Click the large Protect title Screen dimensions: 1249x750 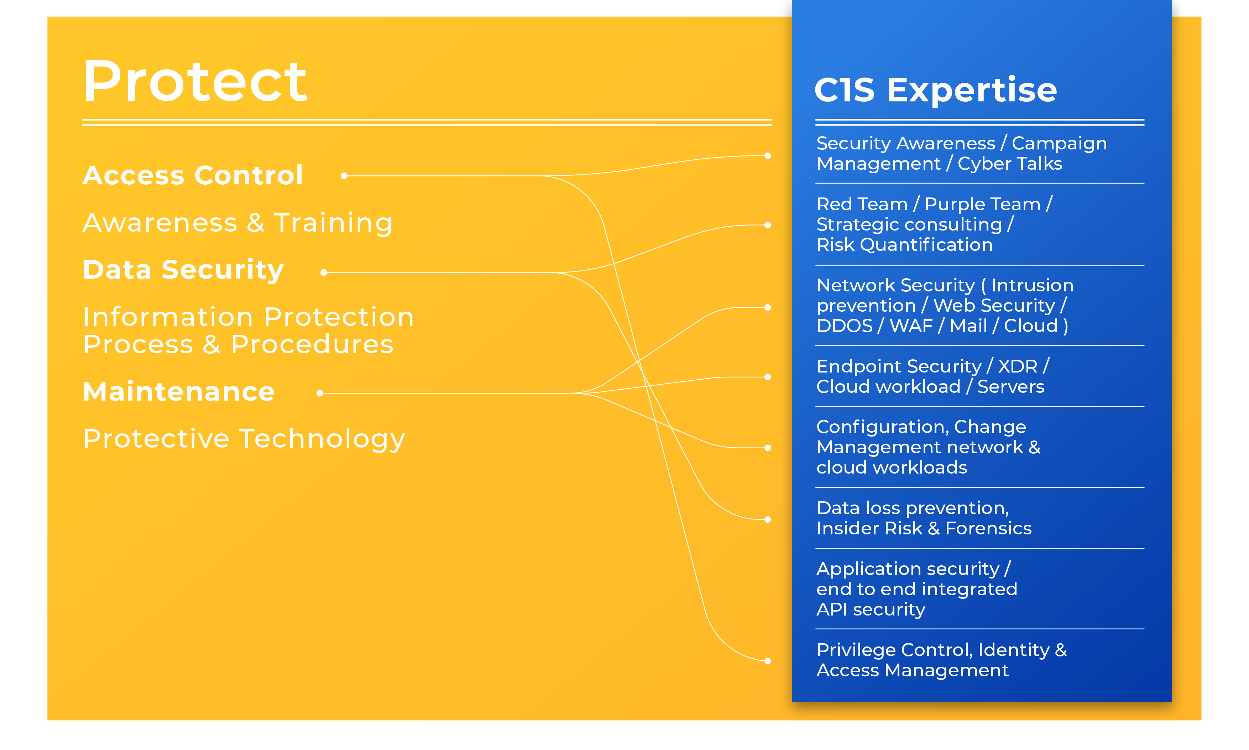(195, 81)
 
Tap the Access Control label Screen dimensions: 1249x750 (193, 176)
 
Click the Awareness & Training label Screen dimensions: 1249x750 (238, 223)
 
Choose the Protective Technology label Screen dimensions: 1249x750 (244, 439)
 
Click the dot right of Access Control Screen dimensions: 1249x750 (344, 176)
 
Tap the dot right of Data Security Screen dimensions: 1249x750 (324, 273)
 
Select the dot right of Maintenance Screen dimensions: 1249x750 (320, 393)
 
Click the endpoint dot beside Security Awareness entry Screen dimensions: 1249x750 (768, 156)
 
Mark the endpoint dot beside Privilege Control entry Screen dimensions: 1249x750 (768, 661)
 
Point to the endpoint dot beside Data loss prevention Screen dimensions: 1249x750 (768, 519)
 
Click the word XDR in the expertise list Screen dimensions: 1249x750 (1018, 366)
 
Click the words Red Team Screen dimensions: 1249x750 (862, 204)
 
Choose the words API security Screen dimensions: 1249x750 (871, 609)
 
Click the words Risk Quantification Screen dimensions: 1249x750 (905, 245)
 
